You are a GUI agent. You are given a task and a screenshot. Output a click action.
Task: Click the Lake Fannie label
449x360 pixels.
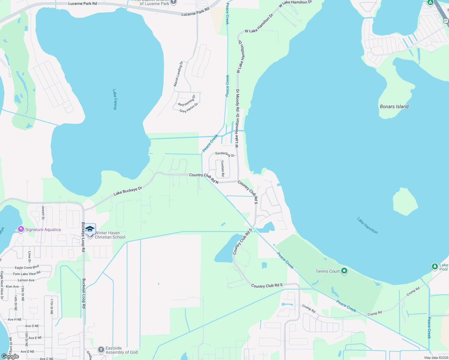115,99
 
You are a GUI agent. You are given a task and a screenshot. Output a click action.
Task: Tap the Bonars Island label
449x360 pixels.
394,106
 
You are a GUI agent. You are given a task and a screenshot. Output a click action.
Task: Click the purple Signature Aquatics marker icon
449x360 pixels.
21,229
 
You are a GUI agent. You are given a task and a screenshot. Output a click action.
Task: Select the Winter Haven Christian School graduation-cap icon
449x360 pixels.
90,229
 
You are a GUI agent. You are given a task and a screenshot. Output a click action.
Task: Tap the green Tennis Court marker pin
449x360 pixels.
344,271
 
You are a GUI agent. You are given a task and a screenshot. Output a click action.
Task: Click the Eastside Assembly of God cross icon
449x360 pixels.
101,350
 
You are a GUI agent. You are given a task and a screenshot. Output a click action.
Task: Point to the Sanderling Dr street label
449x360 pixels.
225,154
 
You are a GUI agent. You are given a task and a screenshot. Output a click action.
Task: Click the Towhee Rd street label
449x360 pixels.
222,168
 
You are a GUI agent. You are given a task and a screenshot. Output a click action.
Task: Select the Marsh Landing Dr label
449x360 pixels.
178,74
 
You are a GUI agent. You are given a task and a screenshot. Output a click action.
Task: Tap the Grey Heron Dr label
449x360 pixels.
189,108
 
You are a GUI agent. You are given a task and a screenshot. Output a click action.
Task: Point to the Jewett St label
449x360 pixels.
43,213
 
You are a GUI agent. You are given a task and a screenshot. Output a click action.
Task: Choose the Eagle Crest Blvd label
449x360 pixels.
27,267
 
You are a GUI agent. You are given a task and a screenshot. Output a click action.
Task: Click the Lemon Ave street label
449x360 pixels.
26,280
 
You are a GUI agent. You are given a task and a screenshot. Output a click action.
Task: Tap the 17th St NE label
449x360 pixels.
52,306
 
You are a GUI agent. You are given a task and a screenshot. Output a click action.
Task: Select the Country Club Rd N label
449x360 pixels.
204,178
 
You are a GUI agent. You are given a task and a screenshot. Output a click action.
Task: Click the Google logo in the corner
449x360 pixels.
10,356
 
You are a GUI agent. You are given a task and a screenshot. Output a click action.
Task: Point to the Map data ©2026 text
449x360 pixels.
436,358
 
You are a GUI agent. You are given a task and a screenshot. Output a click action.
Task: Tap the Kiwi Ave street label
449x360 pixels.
12,286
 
